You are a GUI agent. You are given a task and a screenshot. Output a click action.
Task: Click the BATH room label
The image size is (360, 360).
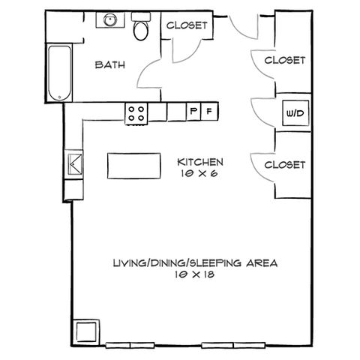[110, 65]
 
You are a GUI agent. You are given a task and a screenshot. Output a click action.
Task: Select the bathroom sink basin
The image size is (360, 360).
[110, 19]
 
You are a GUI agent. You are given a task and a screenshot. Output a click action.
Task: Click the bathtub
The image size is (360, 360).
[60, 73]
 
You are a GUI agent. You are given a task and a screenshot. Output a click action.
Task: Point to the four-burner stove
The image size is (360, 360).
[136, 114]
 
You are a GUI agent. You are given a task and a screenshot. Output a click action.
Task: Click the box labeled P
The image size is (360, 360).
[193, 111]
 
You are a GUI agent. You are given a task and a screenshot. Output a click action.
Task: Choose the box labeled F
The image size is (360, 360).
[209, 111]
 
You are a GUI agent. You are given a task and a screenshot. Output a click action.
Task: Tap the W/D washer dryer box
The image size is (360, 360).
[295, 113]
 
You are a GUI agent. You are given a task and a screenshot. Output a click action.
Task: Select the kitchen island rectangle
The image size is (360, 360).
[134, 166]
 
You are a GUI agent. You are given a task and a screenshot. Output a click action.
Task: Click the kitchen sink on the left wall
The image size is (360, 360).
[74, 164]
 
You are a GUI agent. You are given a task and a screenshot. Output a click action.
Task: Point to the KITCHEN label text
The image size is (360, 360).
[200, 162]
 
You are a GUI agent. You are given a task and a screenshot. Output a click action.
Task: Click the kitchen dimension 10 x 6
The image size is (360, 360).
[199, 174]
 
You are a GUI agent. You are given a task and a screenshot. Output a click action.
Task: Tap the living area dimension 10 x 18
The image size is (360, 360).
[195, 274]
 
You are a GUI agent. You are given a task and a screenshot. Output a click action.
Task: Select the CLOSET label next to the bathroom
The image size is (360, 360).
[187, 25]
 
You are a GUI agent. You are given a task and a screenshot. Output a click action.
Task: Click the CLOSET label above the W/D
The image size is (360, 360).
[285, 60]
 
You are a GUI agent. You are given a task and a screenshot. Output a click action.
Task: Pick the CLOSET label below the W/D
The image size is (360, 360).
[285, 165]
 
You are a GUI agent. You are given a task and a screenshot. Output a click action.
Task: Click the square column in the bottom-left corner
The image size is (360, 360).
[86, 331]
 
